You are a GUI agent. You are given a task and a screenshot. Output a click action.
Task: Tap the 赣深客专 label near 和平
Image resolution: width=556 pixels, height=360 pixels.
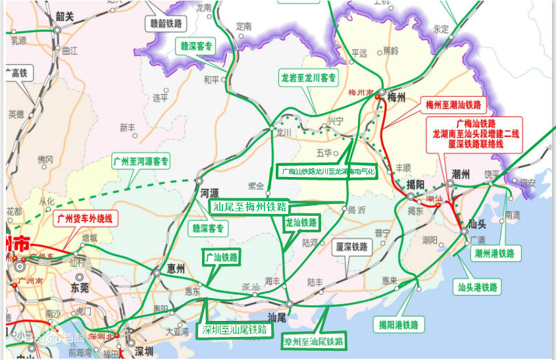[195, 46]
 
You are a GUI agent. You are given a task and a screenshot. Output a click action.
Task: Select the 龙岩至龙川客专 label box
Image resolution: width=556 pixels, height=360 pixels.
[309, 78]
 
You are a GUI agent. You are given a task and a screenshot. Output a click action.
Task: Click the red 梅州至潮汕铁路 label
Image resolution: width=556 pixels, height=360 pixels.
[453, 105]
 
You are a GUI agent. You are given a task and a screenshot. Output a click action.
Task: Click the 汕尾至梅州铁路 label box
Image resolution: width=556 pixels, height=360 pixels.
[249, 207]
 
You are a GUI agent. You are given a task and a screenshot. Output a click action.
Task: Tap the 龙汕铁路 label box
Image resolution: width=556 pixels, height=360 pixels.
[301, 223]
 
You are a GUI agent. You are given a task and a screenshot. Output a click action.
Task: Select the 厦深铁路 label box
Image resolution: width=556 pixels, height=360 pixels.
[351, 247]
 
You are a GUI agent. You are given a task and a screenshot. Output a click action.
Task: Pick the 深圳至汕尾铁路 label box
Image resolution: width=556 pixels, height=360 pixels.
[235, 330]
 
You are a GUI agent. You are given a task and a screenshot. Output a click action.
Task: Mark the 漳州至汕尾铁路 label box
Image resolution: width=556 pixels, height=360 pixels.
[313, 342]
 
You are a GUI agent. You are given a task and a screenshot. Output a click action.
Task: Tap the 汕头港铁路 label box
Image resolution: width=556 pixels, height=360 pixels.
[478, 287]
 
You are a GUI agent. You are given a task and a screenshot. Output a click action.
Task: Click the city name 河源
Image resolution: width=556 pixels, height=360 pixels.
[209, 193]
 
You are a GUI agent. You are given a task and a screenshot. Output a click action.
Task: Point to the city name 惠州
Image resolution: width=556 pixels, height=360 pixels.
[174, 268]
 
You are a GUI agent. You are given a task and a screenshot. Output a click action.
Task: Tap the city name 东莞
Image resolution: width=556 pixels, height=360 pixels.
[80, 288]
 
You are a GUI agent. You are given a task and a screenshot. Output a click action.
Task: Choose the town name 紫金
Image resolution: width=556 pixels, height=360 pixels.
[255, 186]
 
